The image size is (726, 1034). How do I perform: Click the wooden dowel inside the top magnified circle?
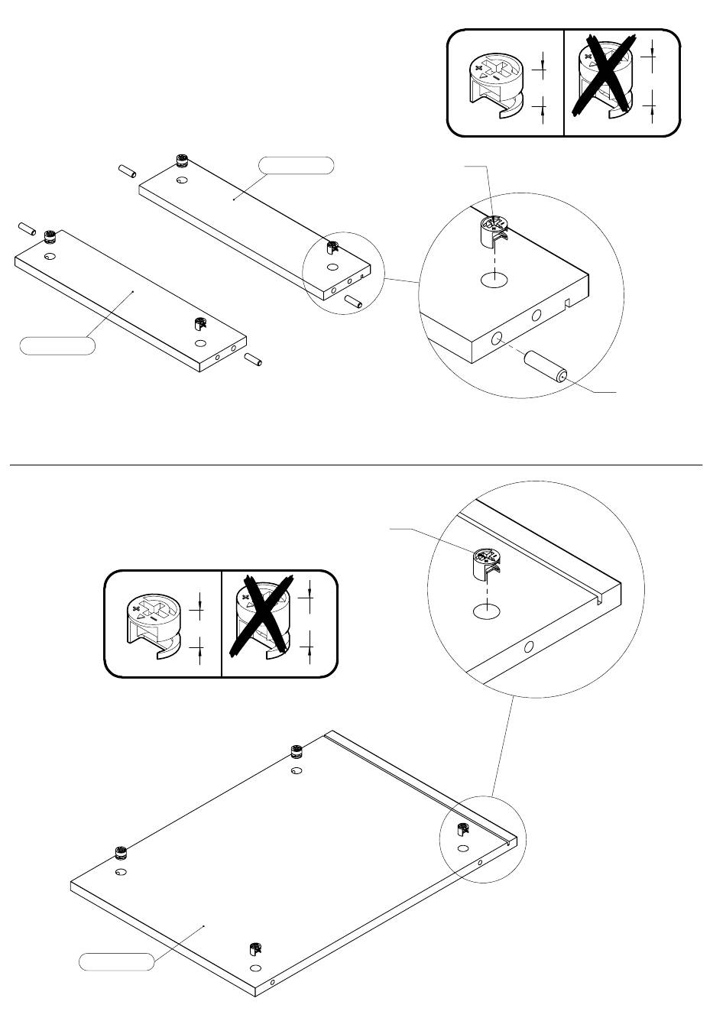click(544, 366)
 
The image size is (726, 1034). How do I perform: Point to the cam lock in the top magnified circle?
click(494, 232)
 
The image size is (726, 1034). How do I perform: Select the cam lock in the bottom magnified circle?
click(488, 565)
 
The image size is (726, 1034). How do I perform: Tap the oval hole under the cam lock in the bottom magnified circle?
click(487, 611)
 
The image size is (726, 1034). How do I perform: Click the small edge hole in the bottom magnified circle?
click(528, 647)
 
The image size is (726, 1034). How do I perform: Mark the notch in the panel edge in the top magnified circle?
click(568, 304)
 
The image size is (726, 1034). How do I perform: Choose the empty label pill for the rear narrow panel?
click(297, 165)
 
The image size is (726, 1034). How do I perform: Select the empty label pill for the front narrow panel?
click(57, 345)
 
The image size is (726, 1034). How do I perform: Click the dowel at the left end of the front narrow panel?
click(26, 229)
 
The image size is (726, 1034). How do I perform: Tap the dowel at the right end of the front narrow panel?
click(253, 359)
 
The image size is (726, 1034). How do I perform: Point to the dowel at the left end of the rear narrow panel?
click(127, 169)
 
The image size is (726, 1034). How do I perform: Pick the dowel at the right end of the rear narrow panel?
click(352, 300)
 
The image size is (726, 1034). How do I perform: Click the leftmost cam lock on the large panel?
click(120, 854)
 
